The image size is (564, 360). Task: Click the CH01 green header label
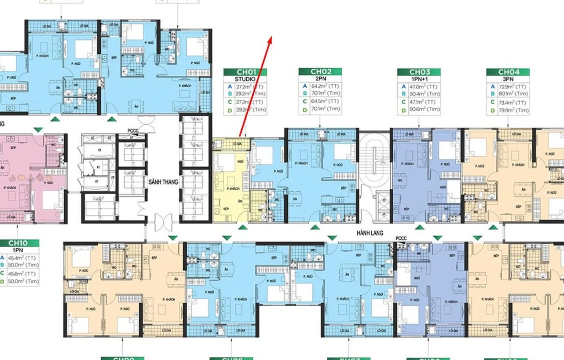[245, 72]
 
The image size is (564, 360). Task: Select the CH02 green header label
[320, 72]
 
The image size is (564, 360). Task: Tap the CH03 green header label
[419, 72]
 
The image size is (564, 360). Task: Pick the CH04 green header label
[508, 72]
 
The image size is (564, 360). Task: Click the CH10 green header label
[18, 243]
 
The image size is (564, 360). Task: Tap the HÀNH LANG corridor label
[370, 233]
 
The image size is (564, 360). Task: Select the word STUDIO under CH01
[245, 79]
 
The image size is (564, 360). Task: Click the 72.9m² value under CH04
[512, 86]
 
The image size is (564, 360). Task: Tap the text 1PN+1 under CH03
[419, 79]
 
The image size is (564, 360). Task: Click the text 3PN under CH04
[508, 79]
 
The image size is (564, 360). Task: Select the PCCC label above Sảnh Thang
[133, 131]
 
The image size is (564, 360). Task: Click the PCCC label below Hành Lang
[401, 238]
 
